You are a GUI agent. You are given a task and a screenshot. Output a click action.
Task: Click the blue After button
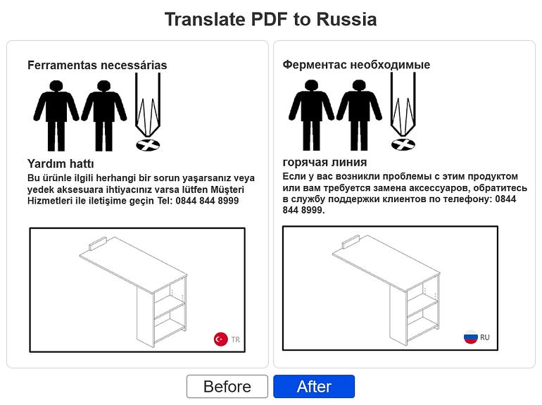coord(314,386)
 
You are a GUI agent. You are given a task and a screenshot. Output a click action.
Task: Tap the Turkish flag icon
coord(220,339)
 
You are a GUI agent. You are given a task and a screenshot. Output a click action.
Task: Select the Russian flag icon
coord(470,337)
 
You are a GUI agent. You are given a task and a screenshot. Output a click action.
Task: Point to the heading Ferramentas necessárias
coord(97,65)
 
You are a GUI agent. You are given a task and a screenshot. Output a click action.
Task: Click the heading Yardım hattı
coord(61,163)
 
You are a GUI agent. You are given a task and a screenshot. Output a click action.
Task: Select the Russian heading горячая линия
coord(324,162)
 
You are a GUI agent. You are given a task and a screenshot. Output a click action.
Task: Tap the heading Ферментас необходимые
coord(356,64)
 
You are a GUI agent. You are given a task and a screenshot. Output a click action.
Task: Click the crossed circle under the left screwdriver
coord(148,145)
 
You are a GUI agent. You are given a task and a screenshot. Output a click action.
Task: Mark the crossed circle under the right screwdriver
coord(403,144)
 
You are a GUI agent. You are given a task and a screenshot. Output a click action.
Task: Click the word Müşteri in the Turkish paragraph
coord(227,189)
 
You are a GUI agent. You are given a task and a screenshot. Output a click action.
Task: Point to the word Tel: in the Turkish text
coord(165,201)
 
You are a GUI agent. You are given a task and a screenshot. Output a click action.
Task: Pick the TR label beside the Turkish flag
coord(235,339)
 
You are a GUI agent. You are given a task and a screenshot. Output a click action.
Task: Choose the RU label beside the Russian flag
coord(484,337)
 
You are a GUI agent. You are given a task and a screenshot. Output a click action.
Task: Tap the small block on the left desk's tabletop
coord(98,243)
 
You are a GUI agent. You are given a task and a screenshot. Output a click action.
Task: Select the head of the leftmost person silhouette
coord(56,86)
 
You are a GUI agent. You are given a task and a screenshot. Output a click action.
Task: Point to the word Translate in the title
coord(206,19)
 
